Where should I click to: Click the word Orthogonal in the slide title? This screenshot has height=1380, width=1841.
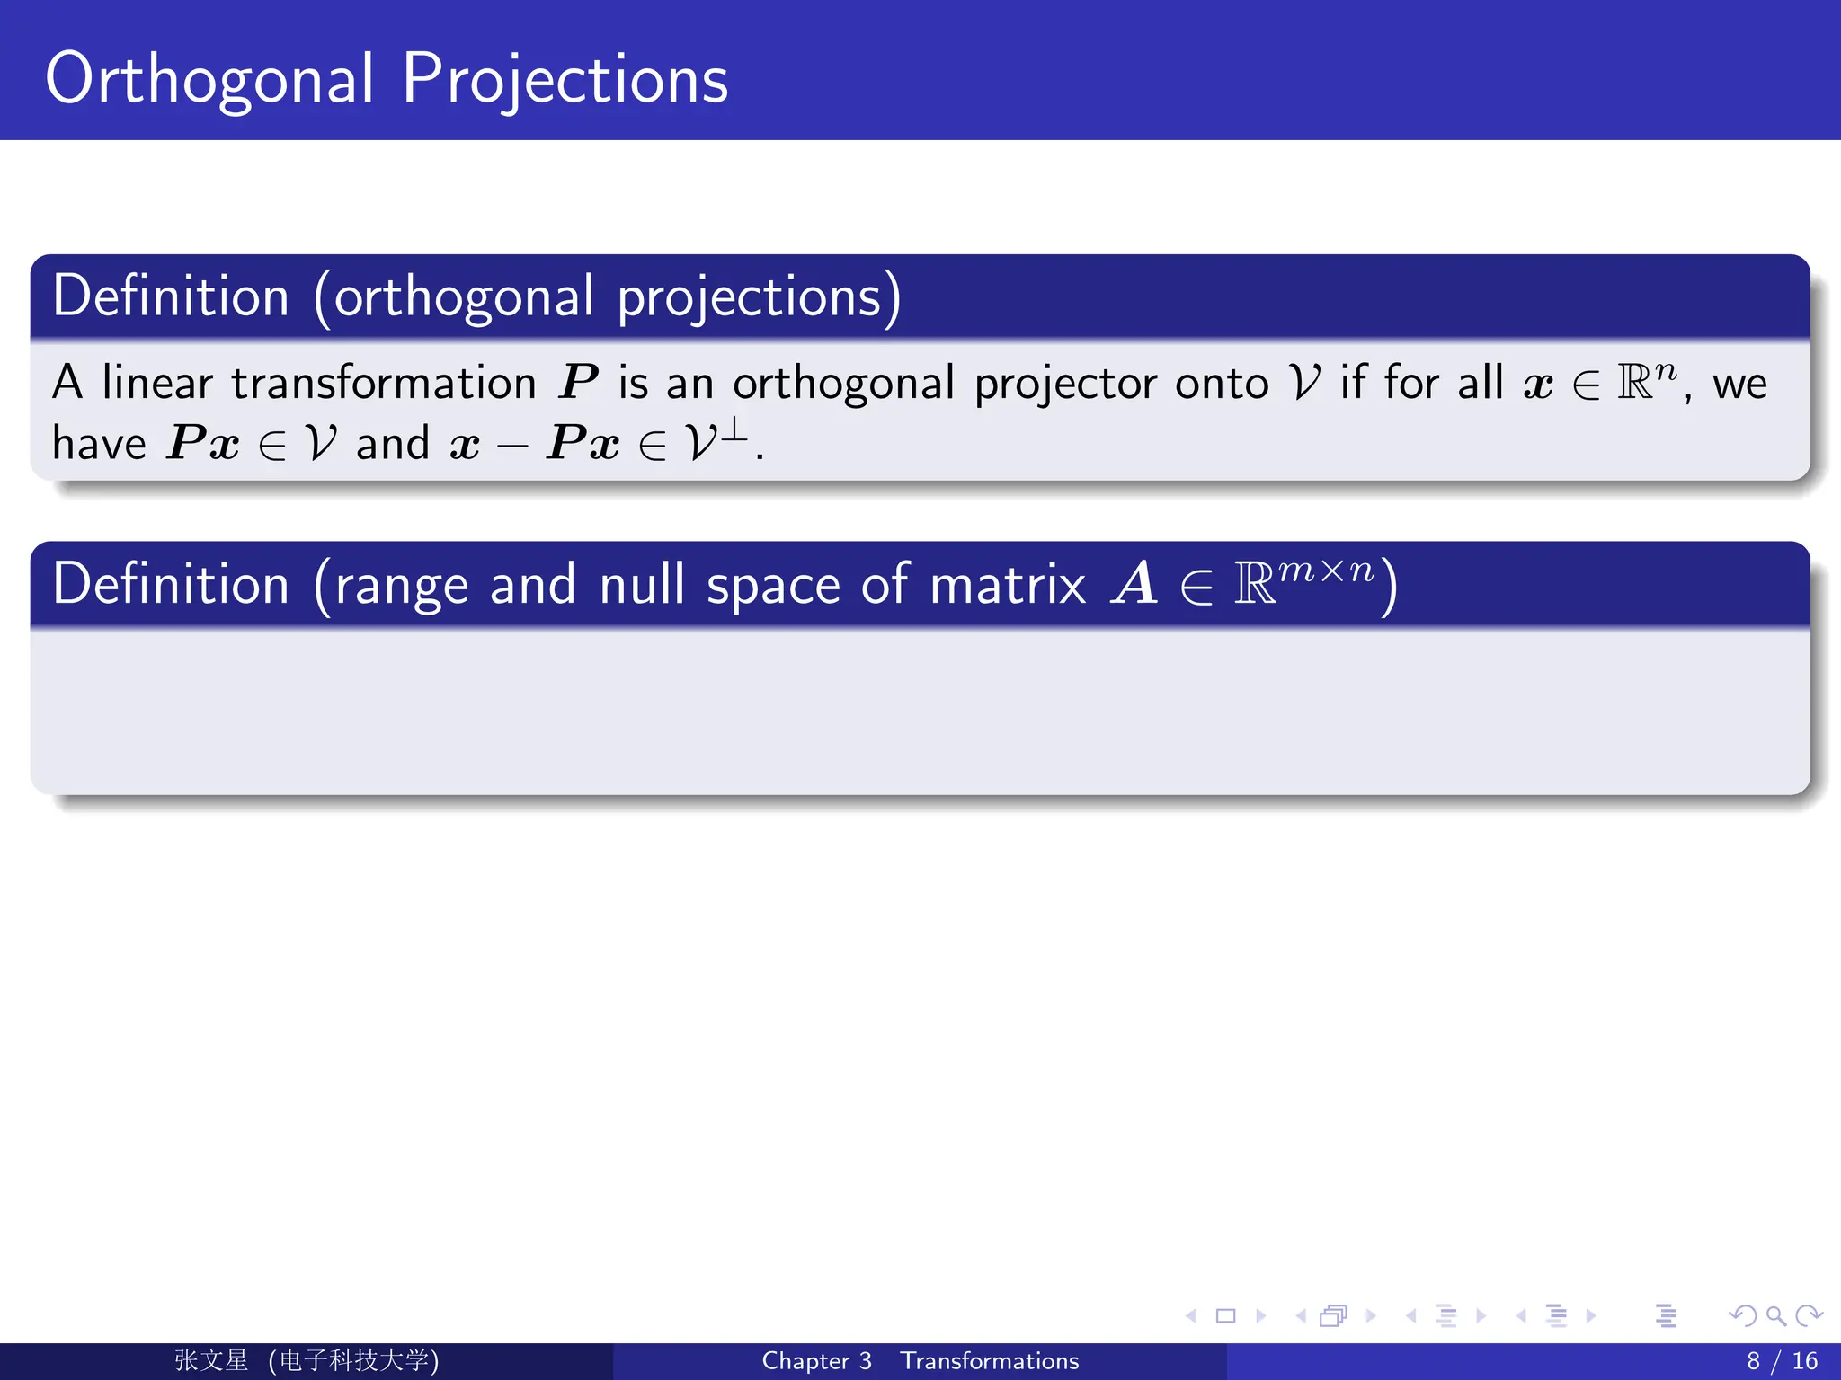click(209, 81)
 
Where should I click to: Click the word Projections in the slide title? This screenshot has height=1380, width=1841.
click(565, 81)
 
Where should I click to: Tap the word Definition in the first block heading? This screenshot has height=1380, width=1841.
click(171, 296)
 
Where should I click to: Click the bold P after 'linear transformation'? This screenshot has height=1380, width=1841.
click(577, 384)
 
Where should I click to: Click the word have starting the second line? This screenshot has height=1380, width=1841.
click(99, 444)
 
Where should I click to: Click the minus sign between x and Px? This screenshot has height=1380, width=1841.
click(512, 447)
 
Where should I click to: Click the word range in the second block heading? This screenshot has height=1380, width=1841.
click(401, 586)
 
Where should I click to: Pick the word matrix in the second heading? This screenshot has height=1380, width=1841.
click(1008, 585)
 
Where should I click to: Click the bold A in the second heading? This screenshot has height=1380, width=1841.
click(1134, 585)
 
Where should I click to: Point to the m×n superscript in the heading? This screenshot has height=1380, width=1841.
click(1326, 571)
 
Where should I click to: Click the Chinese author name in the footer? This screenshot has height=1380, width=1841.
click(211, 1360)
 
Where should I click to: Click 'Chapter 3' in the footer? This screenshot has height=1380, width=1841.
click(816, 1361)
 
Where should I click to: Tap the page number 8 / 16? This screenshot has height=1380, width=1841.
click(1782, 1361)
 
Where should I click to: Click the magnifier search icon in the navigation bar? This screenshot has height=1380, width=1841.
click(1775, 1316)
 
